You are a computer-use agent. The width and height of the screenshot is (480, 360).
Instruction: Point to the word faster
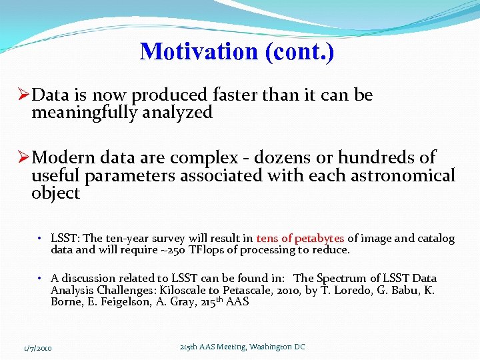234,95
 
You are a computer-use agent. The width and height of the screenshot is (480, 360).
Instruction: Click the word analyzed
185,113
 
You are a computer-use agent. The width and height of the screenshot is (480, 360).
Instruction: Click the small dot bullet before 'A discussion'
41,278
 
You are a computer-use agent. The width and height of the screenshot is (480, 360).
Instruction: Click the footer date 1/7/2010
38,348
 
